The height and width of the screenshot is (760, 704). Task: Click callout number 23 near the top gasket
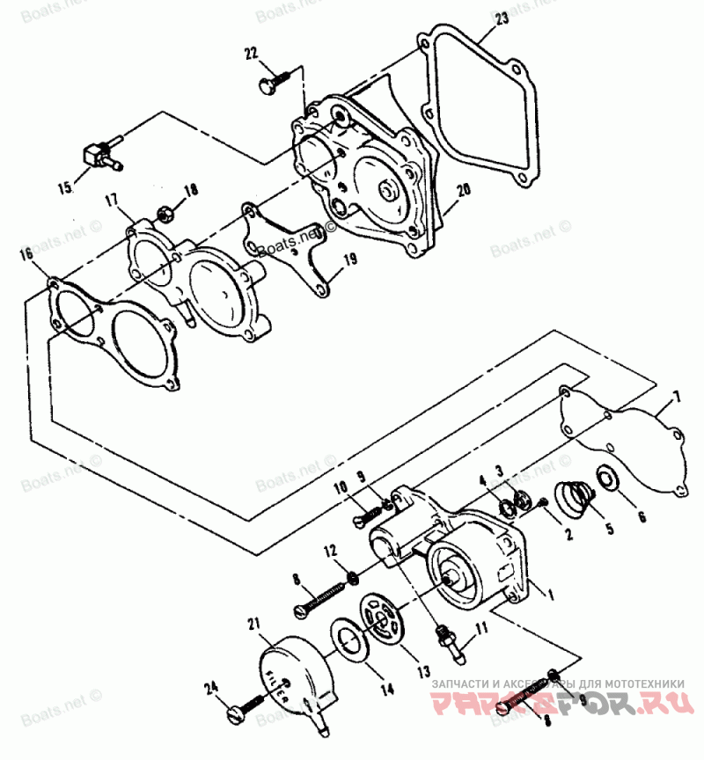tap(502, 18)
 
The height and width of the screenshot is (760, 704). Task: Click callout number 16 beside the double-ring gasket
tap(26, 254)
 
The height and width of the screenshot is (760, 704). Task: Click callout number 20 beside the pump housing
tap(463, 190)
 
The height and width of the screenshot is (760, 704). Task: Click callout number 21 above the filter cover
tap(254, 625)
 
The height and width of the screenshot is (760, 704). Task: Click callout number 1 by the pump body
tap(551, 595)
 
